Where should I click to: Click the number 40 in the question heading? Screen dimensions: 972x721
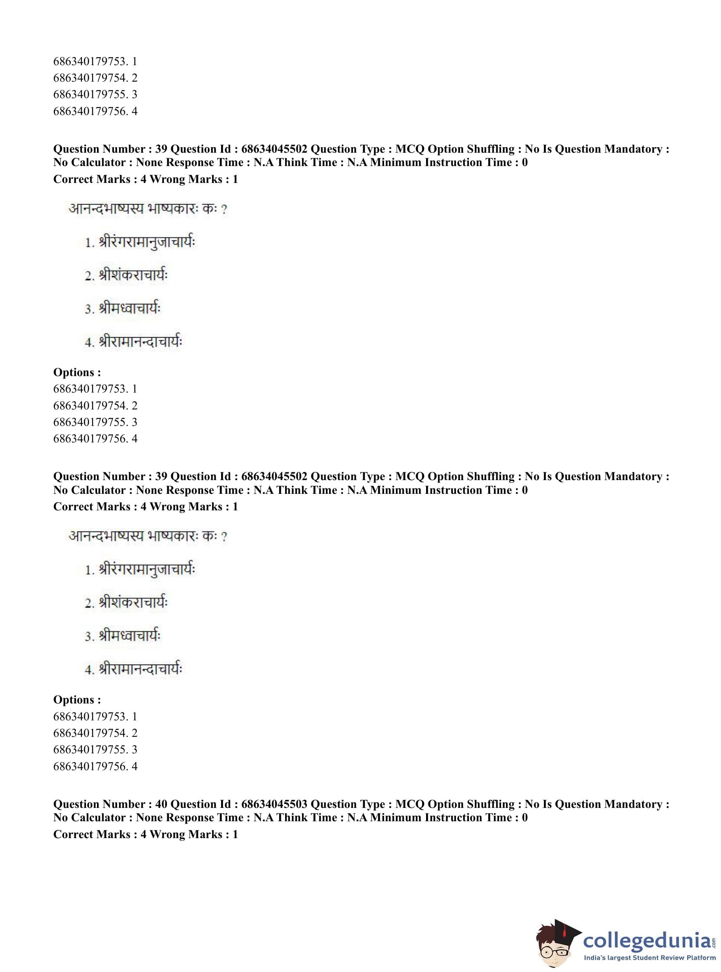161,804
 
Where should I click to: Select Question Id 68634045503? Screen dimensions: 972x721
274,804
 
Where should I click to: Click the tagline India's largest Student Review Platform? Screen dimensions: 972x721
650,957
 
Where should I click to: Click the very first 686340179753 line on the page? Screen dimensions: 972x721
95,61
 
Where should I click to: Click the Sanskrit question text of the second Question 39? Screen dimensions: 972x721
148,536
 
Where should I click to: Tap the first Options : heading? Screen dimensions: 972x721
77,372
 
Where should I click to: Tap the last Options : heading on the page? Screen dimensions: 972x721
77,700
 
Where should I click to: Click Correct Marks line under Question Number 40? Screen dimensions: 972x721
145,834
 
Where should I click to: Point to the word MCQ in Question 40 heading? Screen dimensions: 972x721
410,804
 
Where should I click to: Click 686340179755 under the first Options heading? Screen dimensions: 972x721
95,422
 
